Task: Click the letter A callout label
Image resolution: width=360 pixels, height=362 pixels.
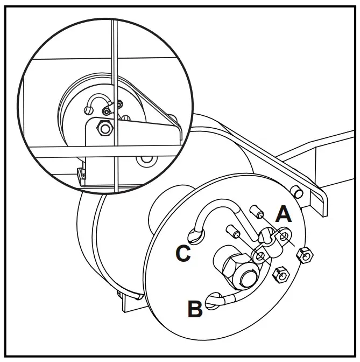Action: point(284,214)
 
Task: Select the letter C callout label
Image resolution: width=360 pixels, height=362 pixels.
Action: point(183,254)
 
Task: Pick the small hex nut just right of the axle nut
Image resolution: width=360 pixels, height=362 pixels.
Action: point(280,276)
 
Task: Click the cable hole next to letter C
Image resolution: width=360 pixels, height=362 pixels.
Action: point(195,234)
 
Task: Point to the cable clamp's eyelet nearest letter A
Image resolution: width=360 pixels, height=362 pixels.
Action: point(284,235)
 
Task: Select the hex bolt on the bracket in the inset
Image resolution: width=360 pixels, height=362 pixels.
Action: point(102,129)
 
